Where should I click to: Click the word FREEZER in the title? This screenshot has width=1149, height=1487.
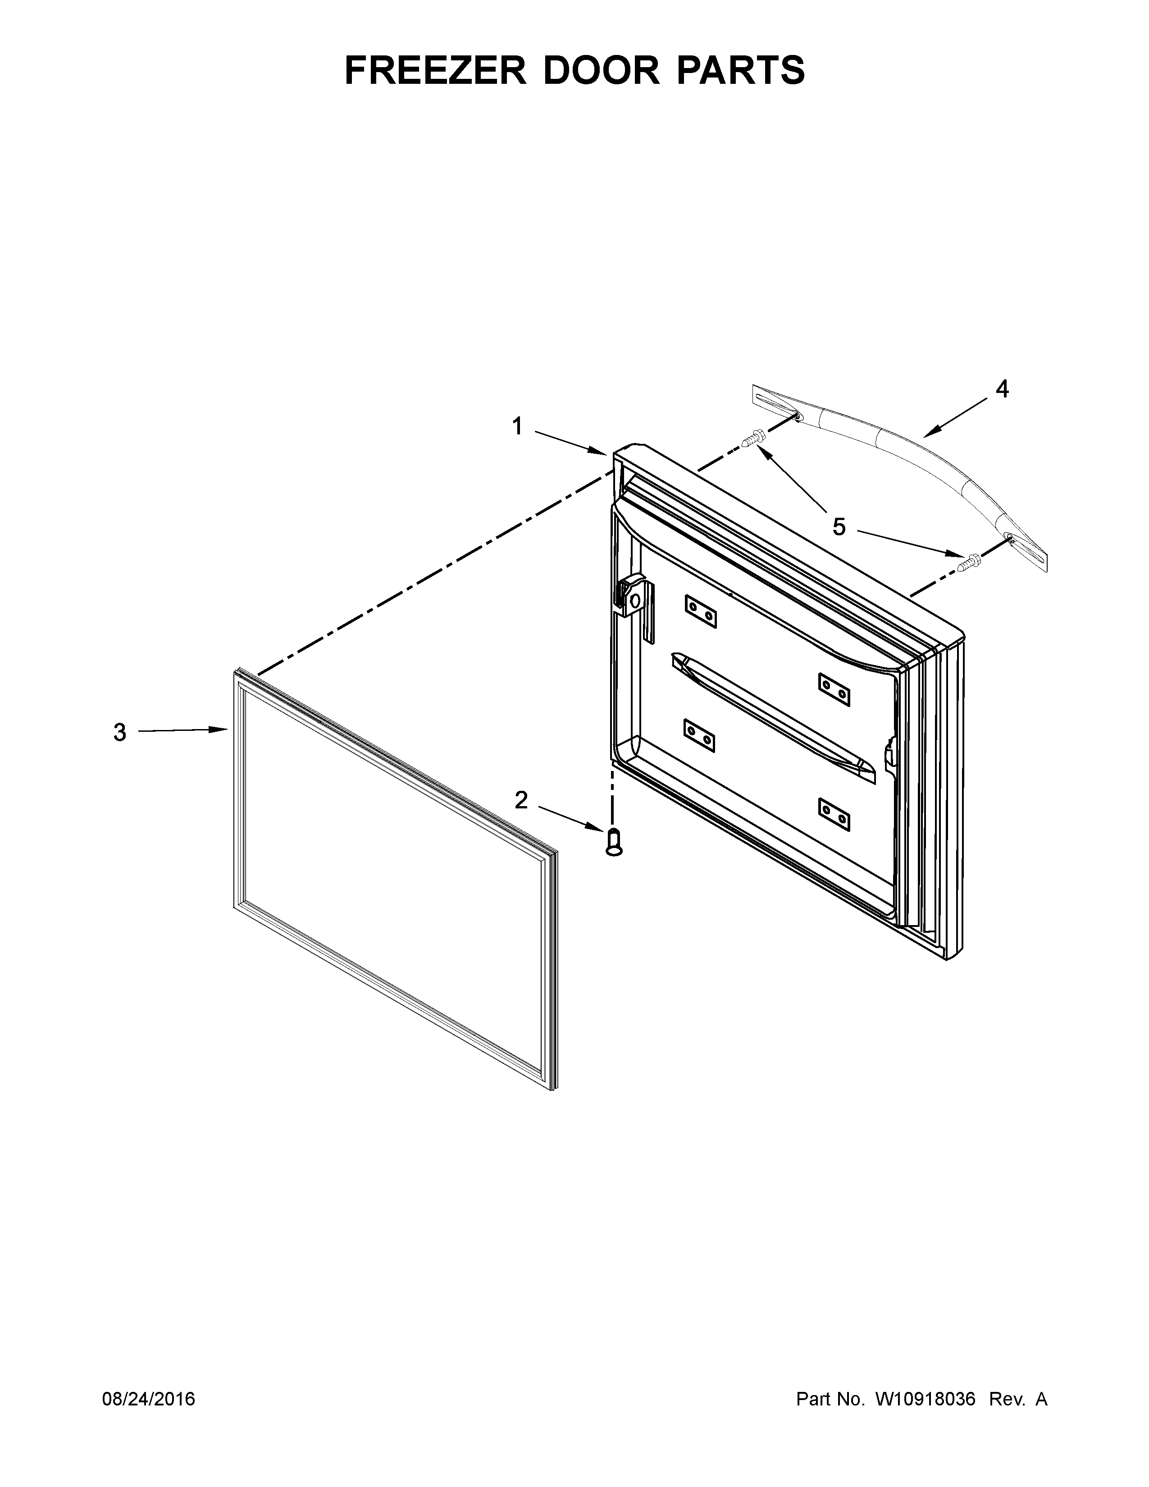[x=436, y=70]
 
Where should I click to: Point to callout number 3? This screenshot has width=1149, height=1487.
[x=120, y=733]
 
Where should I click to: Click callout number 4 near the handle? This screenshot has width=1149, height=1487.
[x=1002, y=389]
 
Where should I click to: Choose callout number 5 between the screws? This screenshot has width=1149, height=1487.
[x=839, y=526]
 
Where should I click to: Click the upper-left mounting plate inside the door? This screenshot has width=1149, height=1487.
[x=700, y=611]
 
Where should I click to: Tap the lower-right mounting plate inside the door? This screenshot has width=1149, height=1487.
[x=834, y=814]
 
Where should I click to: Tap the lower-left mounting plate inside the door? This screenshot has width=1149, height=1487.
[x=699, y=735]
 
